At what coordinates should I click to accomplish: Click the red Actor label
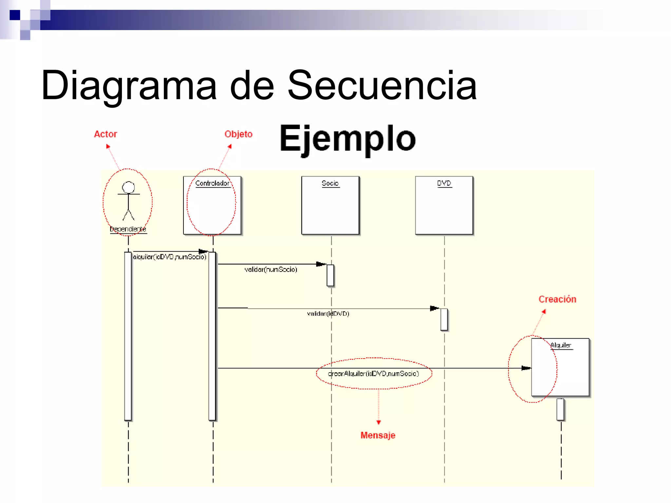tap(105, 134)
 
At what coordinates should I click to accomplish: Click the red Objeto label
tap(238, 134)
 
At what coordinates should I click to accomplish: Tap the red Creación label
tap(557, 299)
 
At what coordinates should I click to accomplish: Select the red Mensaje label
tap(378, 435)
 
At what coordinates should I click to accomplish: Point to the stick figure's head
tap(128, 187)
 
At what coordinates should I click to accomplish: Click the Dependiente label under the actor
tap(128, 229)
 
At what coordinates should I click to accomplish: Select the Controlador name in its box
tap(212, 183)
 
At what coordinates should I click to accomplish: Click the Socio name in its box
tap(330, 183)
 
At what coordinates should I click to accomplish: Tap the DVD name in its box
tap(444, 183)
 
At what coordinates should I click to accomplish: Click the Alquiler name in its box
tap(561, 345)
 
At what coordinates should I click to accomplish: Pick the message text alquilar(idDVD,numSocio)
tap(170, 257)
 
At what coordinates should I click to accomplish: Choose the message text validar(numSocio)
tap(271, 269)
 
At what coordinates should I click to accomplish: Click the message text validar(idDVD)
tap(328, 313)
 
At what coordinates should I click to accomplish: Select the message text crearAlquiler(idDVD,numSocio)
tap(374, 373)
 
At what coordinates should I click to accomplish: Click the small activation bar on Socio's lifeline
tap(330, 275)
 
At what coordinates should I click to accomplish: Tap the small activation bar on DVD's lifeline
tap(444, 319)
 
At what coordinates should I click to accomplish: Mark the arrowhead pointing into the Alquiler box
tap(526, 368)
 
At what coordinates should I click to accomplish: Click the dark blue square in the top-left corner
tap(15, 15)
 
